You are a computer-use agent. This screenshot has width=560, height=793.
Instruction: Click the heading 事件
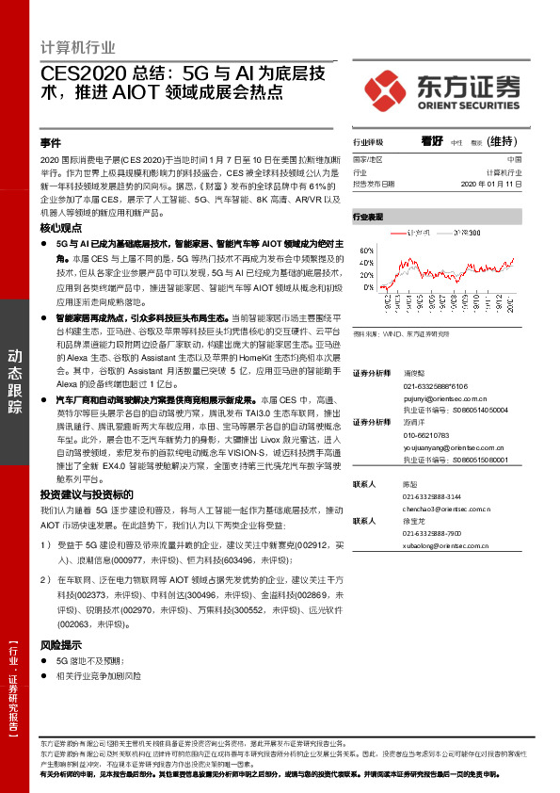tap(51, 143)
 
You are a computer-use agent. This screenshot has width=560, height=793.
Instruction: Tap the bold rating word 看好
tap(432, 142)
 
